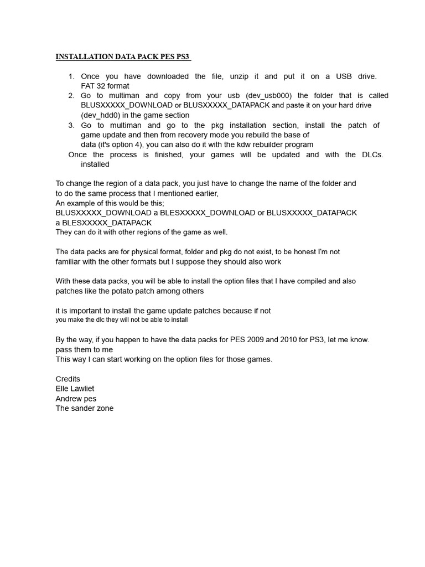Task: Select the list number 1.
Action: pos(71,76)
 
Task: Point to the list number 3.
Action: pos(71,125)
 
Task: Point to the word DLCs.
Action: pos(372,154)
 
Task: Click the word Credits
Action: pos(68,379)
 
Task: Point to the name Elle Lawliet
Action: pos(76,389)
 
